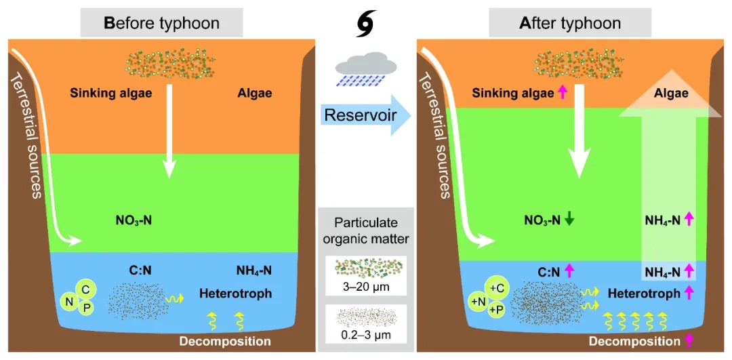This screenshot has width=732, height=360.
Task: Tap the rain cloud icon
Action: (x=365, y=68)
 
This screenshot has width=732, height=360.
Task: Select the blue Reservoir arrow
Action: (x=364, y=115)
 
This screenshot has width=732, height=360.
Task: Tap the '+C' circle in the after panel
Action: (x=497, y=287)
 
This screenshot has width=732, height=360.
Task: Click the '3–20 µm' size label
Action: (x=365, y=287)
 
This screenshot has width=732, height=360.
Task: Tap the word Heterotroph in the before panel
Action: (x=236, y=294)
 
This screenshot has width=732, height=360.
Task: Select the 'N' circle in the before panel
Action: (x=69, y=301)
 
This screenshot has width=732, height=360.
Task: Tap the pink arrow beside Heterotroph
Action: (x=688, y=294)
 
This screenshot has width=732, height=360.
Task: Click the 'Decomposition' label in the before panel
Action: (x=225, y=341)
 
